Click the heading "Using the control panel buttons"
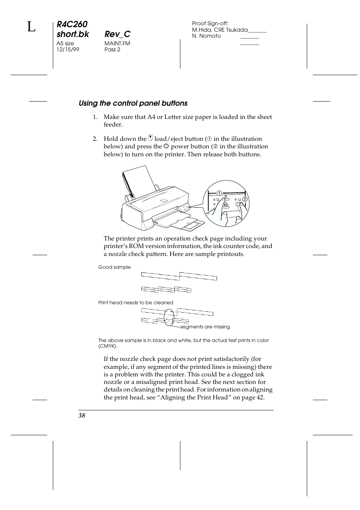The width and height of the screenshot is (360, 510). pyautogui.click(x=133, y=103)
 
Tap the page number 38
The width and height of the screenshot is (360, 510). pyautogui.click(x=82, y=415)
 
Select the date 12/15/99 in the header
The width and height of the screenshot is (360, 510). pyautogui.click(x=68, y=49)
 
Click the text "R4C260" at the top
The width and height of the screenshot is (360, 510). pyautogui.click(x=72, y=25)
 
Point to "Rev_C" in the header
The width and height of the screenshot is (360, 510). pyautogui.click(x=117, y=34)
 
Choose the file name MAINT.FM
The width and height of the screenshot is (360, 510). pyautogui.click(x=117, y=43)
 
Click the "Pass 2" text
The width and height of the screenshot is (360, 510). pyautogui.click(x=112, y=49)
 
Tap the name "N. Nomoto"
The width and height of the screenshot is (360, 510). pyautogui.click(x=206, y=36)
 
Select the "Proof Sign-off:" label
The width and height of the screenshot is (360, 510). pyautogui.click(x=210, y=23)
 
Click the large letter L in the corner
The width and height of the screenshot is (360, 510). pyautogui.click(x=31, y=27)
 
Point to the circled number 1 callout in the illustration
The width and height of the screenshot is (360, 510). pyautogui.click(x=219, y=194)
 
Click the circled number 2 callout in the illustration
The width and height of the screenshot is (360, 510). pyautogui.click(x=245, y=199)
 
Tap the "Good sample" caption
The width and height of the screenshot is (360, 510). pyautogui.click(x=114, y=267)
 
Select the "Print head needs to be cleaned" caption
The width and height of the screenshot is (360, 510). pyautogui.click(x=135, y=303)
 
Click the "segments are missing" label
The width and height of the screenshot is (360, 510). pyautogui.click(x=205, y=327)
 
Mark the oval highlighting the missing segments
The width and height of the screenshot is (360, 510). pyautogui.click(x=169, y=317)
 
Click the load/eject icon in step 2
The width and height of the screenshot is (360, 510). pyautogui.click(x=151, y=139)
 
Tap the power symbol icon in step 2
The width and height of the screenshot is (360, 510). pyautogui.click(x=166, y=146)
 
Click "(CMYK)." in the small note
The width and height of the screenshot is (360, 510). pyautogui.click(x=108, y=346)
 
